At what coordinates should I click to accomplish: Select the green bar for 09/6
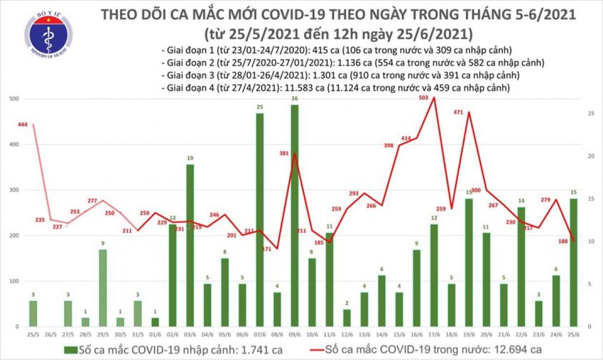tap(294, 215)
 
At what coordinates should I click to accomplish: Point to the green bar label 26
tap(294, 98)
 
